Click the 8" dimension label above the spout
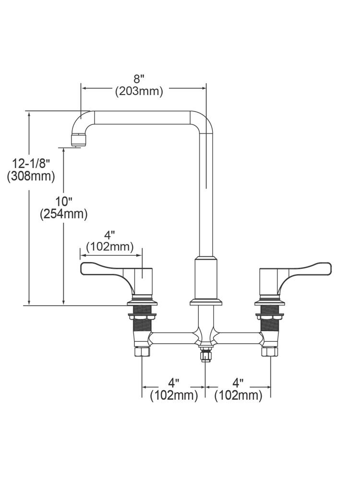click(139, 79)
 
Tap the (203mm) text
click(139, 91)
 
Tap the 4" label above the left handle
click(109, 235)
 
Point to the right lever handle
click(307, 269)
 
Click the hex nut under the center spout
click(206, 356)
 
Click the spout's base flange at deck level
click(206, 302)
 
